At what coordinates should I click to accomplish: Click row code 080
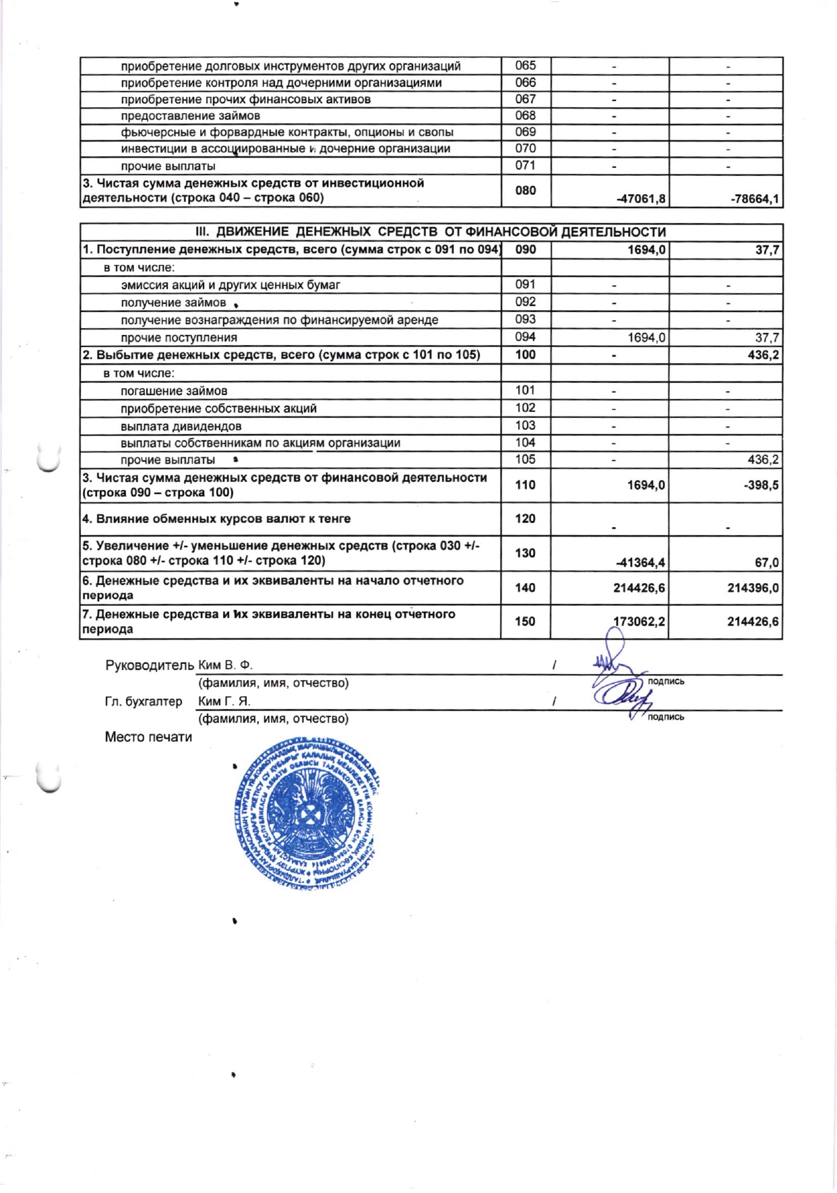(525, 190)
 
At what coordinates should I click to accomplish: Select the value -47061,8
(641, 199)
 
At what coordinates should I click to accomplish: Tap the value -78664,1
(755, 199)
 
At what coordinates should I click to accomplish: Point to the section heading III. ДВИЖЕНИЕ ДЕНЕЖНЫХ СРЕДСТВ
(431, 232)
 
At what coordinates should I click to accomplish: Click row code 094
(525, 336)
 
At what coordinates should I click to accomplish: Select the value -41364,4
(640, 562)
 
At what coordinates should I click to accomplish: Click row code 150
(525, 621)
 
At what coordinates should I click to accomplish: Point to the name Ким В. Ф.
(225, 665)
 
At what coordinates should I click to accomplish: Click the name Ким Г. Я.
(224, 701)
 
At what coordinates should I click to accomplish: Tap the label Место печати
(148, 737)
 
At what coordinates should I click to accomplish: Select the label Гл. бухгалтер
(144, 701)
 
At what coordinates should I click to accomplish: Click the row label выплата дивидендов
(181, 426)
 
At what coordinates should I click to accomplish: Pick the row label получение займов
(173, 303)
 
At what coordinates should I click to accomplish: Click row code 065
(525, 65)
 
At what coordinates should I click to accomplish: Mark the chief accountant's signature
(620, 698)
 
